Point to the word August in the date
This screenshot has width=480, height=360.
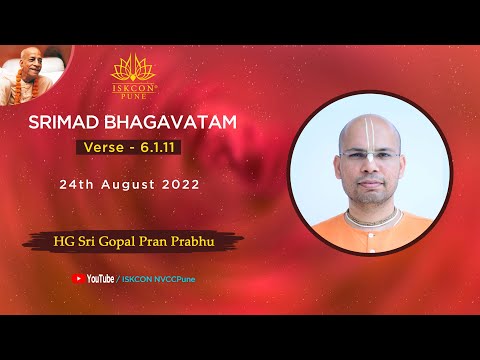pyautogui.click(x=149, y=185)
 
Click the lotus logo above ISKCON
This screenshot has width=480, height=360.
pyautogui.click(x=136, y=68)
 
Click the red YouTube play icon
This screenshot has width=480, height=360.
pyautogui.click(x=78, y=278)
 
